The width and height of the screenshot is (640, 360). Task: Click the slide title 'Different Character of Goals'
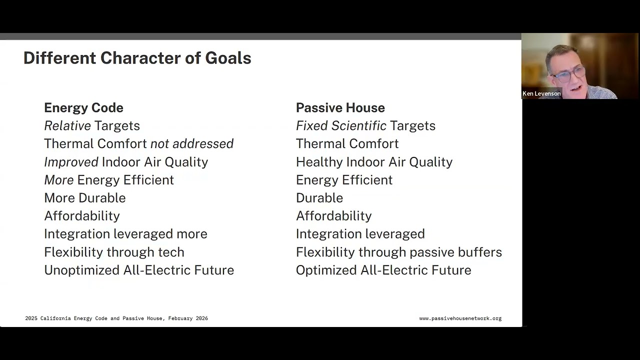tap(137, 58)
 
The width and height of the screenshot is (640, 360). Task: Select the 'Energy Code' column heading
tap(83, 107)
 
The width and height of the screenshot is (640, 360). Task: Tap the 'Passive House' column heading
tap(340, 107)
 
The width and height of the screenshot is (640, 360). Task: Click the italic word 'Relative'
tap(67, 125)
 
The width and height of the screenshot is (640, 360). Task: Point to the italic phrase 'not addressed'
tap(192, 143)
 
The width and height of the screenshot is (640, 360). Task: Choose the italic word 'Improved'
tap(71, 162)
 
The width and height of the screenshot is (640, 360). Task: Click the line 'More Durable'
tap(84, 197)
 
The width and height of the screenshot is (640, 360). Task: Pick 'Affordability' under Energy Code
tap(81, 215)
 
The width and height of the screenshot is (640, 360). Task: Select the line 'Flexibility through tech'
tap(114, 252)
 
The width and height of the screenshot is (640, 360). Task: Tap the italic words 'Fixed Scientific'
tap(341, 125)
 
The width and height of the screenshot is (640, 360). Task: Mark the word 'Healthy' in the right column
tap(319, 162)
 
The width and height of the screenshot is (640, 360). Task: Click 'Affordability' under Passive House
tap(333, 215)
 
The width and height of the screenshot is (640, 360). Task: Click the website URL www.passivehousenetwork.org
tap(460, 318)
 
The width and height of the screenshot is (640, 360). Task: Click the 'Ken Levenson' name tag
tap(541, 93)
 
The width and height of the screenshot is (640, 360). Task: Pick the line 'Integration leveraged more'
tap(125, 233)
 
